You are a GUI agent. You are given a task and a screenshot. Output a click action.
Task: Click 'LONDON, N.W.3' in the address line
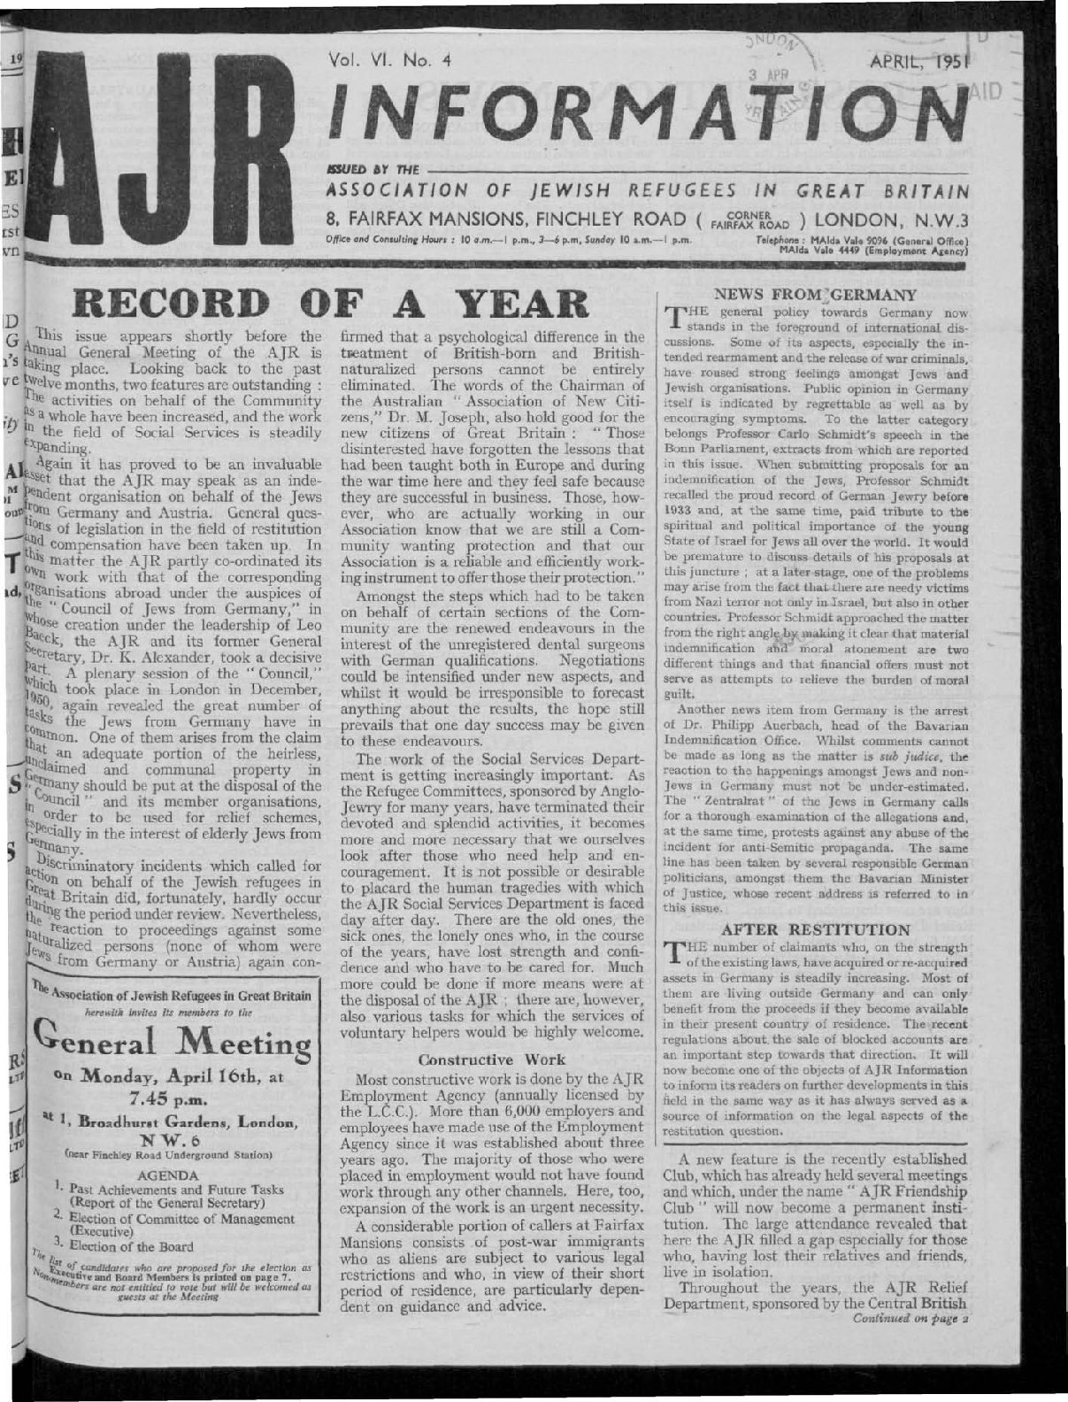(894, 219)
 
